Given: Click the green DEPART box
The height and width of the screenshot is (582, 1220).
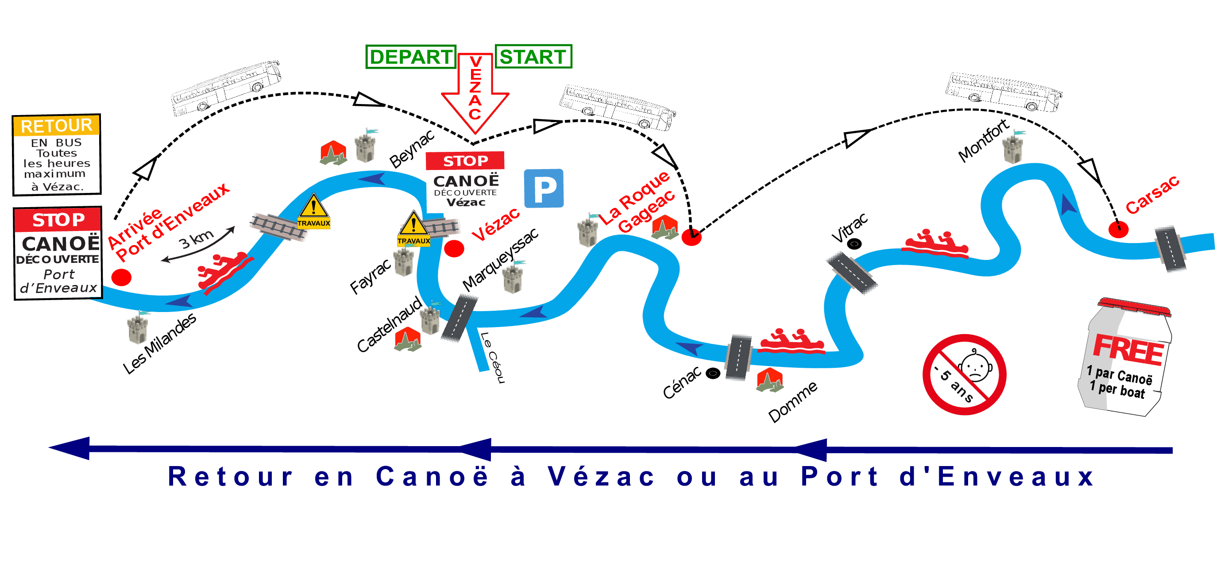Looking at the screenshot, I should [410, 57].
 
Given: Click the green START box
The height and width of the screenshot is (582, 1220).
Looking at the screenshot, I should [533, 57].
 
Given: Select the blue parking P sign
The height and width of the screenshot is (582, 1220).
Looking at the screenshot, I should [544, 189].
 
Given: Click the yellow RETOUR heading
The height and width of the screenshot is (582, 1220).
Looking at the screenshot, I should [56, 126].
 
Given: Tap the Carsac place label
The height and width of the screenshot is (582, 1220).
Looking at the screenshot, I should [1152, 195].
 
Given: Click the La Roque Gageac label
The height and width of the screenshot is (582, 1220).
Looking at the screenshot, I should [637, 202].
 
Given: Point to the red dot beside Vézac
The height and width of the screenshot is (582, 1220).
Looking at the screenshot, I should [454, 249].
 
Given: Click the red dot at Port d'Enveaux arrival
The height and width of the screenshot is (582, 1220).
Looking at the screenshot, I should [121, 278].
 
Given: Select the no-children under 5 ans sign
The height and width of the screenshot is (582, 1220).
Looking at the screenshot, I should [964, 374].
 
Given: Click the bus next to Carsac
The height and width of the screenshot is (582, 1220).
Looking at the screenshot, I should [1003, 92].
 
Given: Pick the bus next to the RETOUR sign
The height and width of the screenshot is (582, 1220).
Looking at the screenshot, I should [225, 88].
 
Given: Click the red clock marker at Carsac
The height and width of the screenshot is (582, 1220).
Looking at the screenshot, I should [1118, 229].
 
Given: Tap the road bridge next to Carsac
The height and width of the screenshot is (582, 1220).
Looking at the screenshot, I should [1170, 249].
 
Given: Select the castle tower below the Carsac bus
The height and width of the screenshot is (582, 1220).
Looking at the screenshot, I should [1013, 148].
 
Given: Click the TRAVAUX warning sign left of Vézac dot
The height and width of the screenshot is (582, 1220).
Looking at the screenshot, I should [413, 230].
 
